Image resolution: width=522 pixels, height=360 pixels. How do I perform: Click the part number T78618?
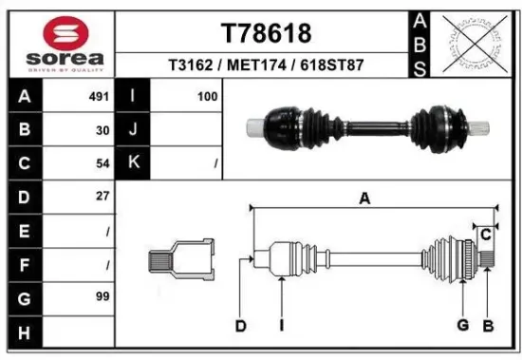pos(266,33)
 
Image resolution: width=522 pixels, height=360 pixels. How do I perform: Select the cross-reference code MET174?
pos(266,66)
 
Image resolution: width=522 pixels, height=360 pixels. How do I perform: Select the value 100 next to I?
pos(207,97)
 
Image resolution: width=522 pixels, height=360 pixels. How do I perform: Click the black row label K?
pos(133,163)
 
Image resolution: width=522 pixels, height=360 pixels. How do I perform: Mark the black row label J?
pos(133,130)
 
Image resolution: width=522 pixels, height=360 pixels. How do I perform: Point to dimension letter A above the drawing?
pos(363,198)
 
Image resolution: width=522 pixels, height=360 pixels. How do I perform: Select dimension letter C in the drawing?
pos(485,233)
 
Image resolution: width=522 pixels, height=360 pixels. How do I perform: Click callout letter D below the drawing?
pos(241,326)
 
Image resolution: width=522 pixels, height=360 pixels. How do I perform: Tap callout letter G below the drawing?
pos(462,326)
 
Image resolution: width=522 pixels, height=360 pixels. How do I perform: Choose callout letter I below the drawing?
pos(282,326)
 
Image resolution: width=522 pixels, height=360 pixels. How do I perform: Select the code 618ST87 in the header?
pos(331,66)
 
